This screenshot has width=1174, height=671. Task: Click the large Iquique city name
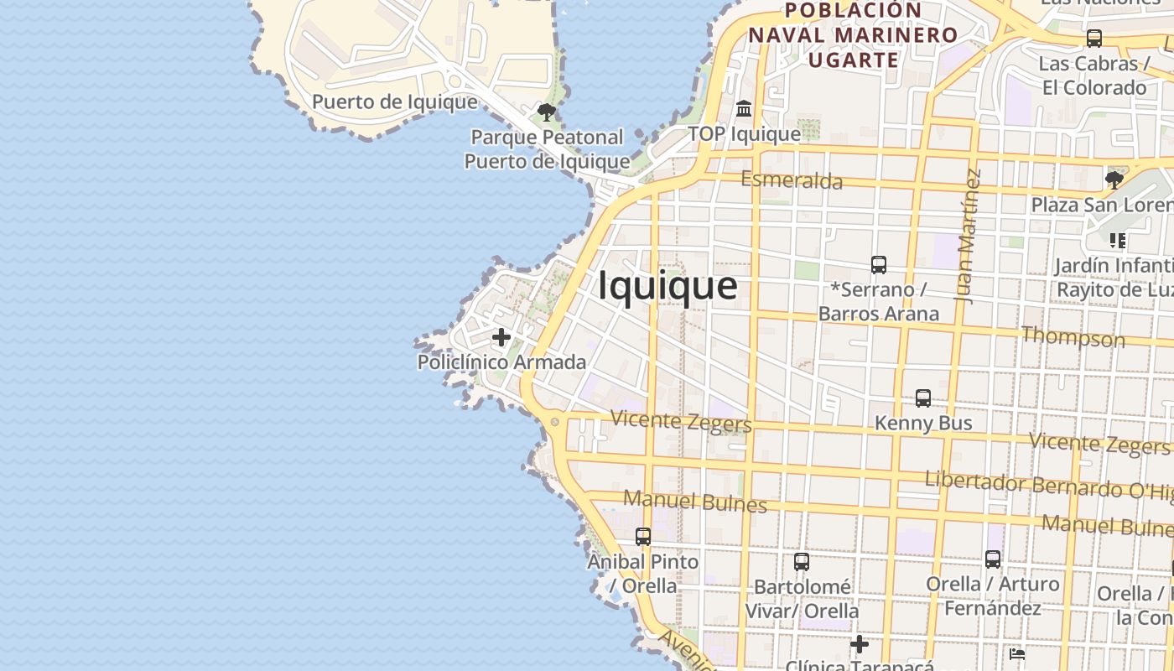tap(668, 286)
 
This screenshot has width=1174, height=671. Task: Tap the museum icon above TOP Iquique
tap(744, 109)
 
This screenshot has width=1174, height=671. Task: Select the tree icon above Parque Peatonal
tap(547, 112)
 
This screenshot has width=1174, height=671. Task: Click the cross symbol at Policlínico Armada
tap(501, 337)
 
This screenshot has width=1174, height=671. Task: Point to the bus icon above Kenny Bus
tap(923, 398)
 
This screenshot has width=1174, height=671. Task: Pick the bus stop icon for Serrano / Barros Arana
tap(879, 265)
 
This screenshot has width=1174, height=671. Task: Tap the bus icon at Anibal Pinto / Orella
tap(643, 537)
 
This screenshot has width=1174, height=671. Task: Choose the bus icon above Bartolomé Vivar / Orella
tap(802, 562)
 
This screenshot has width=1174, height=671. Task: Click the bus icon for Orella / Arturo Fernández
tap(993, 559)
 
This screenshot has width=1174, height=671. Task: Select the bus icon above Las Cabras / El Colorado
tap(1094, 39)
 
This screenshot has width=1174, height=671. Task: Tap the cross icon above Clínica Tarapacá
tap(860, 644)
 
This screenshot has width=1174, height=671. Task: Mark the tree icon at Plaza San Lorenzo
tap(1114, 179)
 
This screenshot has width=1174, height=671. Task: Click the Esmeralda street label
tap(792, 179)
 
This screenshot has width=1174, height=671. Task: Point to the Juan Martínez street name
tap(968, 236)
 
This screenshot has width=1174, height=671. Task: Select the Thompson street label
tap(1073, 337)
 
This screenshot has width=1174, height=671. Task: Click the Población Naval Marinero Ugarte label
tap(853, 35)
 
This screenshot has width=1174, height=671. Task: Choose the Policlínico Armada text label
tap(501, 362)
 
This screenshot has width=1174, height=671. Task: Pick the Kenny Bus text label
tap(923, 423)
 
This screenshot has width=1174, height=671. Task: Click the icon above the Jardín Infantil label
tap(1118, 241)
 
